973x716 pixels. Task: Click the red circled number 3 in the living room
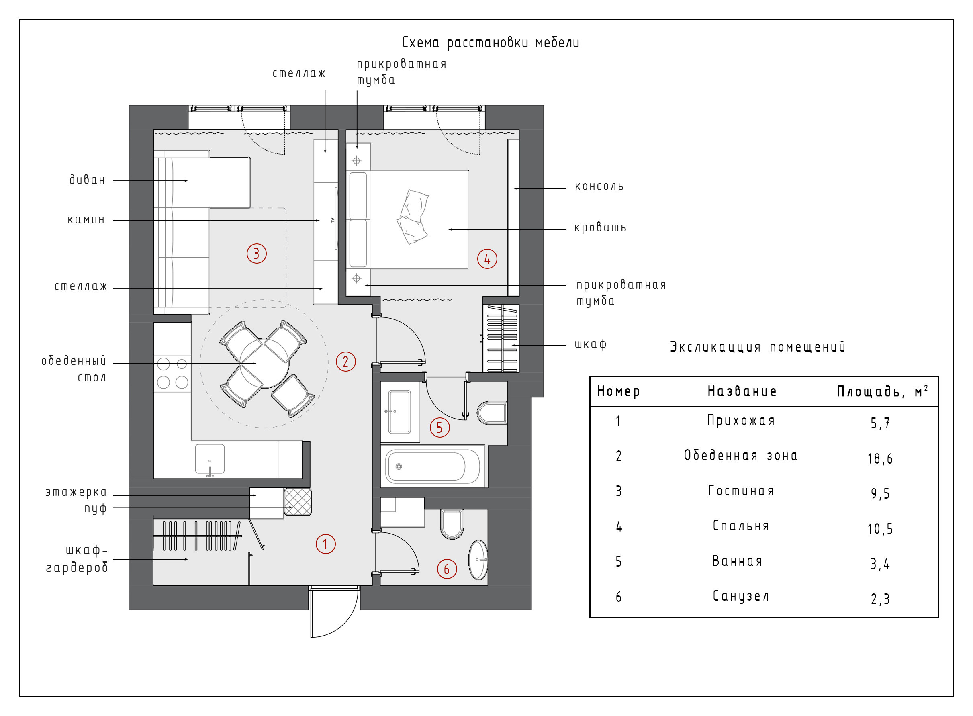pyautogui.click(x=256, y=254)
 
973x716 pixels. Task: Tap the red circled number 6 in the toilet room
pyautogui.click(x=447, y=569)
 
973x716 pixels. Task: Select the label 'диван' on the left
pyautogui.click(x=87, y=180)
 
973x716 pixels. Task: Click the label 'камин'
pyautogui.click(x=86, y=220)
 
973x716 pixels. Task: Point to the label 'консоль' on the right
pyautogui.click(x=599, y=187)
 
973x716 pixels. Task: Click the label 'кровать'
pyautogui.click(x=600, y=227)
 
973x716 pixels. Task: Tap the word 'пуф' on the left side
pyautogui.click(x=95, y=508)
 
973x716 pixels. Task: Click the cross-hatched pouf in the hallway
pyautogui.click(x=297, y=501)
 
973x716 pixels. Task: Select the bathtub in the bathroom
pyautogui.click(x=432, y=466)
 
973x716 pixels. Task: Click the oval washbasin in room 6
pyautogui.click(x=478, y=560)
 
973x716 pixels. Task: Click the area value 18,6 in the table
pyautogui.click(x=880, y=459)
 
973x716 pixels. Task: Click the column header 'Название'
pyautogui.click(x=742, y=391)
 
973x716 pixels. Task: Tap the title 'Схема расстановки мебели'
pyautogui.click(x=490, y=43)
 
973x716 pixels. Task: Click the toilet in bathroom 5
pyautogui.click(x=493, y=413)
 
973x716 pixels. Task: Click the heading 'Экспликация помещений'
pyautogui.click(x=757, y=347)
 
